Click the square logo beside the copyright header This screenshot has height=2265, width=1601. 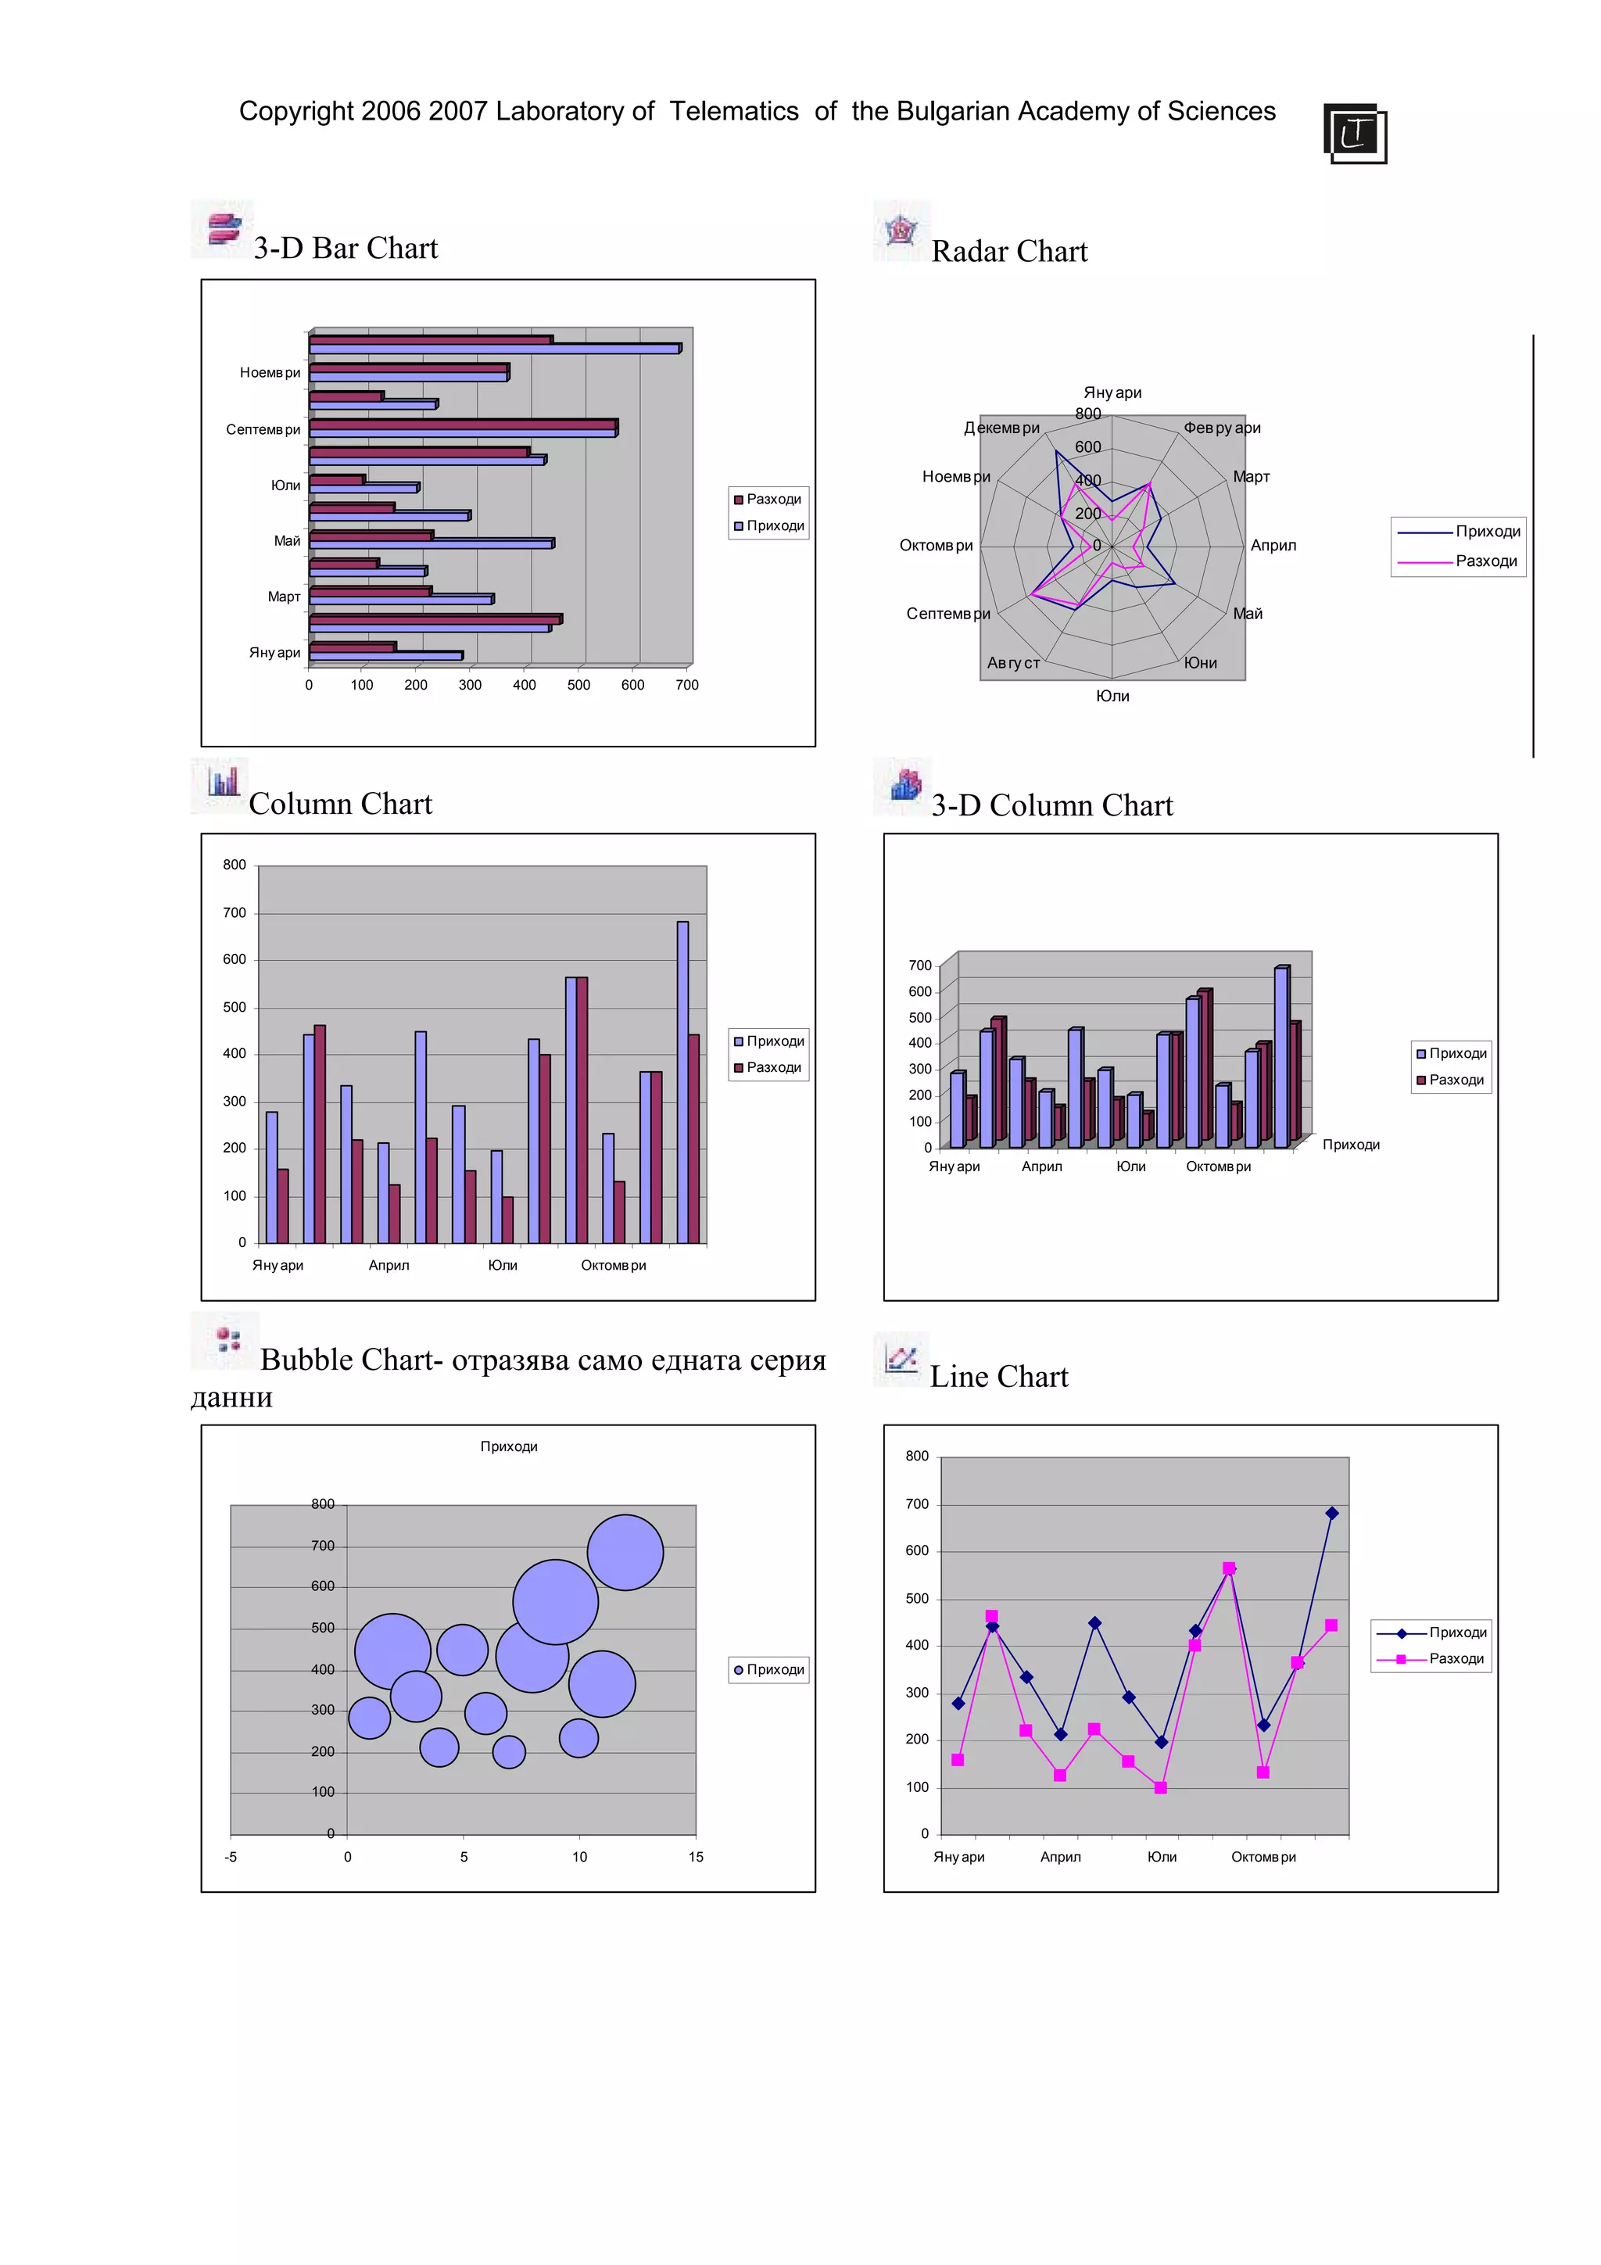(1355, 133)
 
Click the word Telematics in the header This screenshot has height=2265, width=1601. (734, 112)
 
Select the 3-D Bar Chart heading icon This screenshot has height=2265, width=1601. (223, 229)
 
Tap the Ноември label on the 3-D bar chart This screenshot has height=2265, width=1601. (269, 373)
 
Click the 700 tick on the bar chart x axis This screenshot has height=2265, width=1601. (686, 685)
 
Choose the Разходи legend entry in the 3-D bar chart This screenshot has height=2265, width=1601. (768, 499)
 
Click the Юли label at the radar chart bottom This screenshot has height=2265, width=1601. (1112, 696)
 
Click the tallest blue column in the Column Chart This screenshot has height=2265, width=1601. (682, 1081)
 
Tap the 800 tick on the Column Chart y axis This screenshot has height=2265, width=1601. (234, 866)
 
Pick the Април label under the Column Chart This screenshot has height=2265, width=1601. (389, 1265)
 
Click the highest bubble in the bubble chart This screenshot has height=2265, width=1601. (625, 1552)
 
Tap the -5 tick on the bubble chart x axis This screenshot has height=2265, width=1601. (231, 1857)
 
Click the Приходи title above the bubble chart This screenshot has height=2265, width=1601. (508, 1446)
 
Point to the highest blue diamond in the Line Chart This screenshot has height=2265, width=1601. (1332, 1514)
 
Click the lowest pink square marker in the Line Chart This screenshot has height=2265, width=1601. (1160, 1787)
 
